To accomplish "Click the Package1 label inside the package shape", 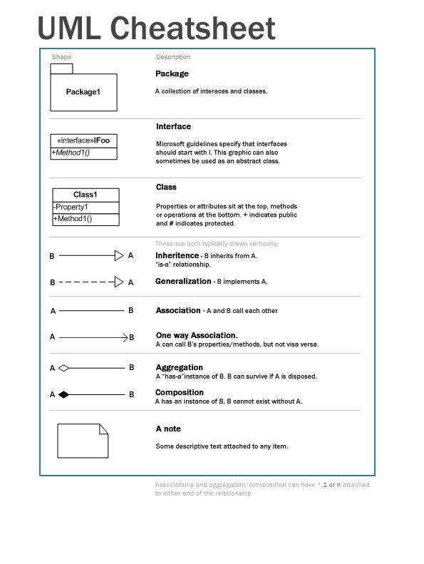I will (x=83, y=92).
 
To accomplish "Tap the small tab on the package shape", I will (x=61, y=68).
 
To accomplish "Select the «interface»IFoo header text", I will (x=83, y=140).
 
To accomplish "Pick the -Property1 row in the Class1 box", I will (x=71, y=207).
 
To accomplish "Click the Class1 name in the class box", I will (x=86, y=195).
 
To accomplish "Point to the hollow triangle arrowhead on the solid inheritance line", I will (x=119, y=255).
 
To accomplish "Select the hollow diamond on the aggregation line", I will (x=63, y=369).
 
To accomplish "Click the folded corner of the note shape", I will (x=103, y=429).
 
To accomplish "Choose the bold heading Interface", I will (x=173, y=126).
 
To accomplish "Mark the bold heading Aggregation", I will (x=179, y=368).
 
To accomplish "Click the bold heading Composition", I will (x=179, y=392).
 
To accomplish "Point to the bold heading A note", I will (x=168, y=429).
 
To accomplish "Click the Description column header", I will (x=173, y=57).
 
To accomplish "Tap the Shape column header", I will (x=61, y=57).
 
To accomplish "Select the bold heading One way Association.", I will (x=197, y=335).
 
